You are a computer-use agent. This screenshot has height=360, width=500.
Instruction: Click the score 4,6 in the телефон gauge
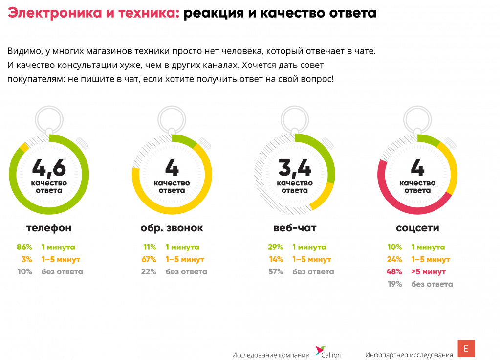49,168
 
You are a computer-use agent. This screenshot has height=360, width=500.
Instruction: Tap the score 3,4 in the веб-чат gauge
294,168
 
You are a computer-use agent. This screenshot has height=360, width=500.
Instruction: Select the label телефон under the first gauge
49,228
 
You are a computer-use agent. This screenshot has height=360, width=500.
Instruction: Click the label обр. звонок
172,228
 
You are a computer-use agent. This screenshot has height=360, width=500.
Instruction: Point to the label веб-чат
295,228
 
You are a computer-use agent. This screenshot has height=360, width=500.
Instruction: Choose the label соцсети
417,228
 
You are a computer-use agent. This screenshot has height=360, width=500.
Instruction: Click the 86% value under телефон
24,247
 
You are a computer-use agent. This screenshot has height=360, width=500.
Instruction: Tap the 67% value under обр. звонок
149,259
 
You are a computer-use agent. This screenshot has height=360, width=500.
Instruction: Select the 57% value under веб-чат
276,271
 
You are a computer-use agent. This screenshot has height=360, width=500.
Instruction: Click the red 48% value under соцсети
394,271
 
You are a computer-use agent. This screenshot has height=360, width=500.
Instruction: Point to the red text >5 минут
429,271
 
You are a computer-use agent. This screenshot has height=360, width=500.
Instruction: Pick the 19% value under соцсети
394,284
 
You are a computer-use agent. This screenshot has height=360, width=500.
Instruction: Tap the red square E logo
466,349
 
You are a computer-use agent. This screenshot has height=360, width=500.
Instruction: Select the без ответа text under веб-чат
313,271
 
